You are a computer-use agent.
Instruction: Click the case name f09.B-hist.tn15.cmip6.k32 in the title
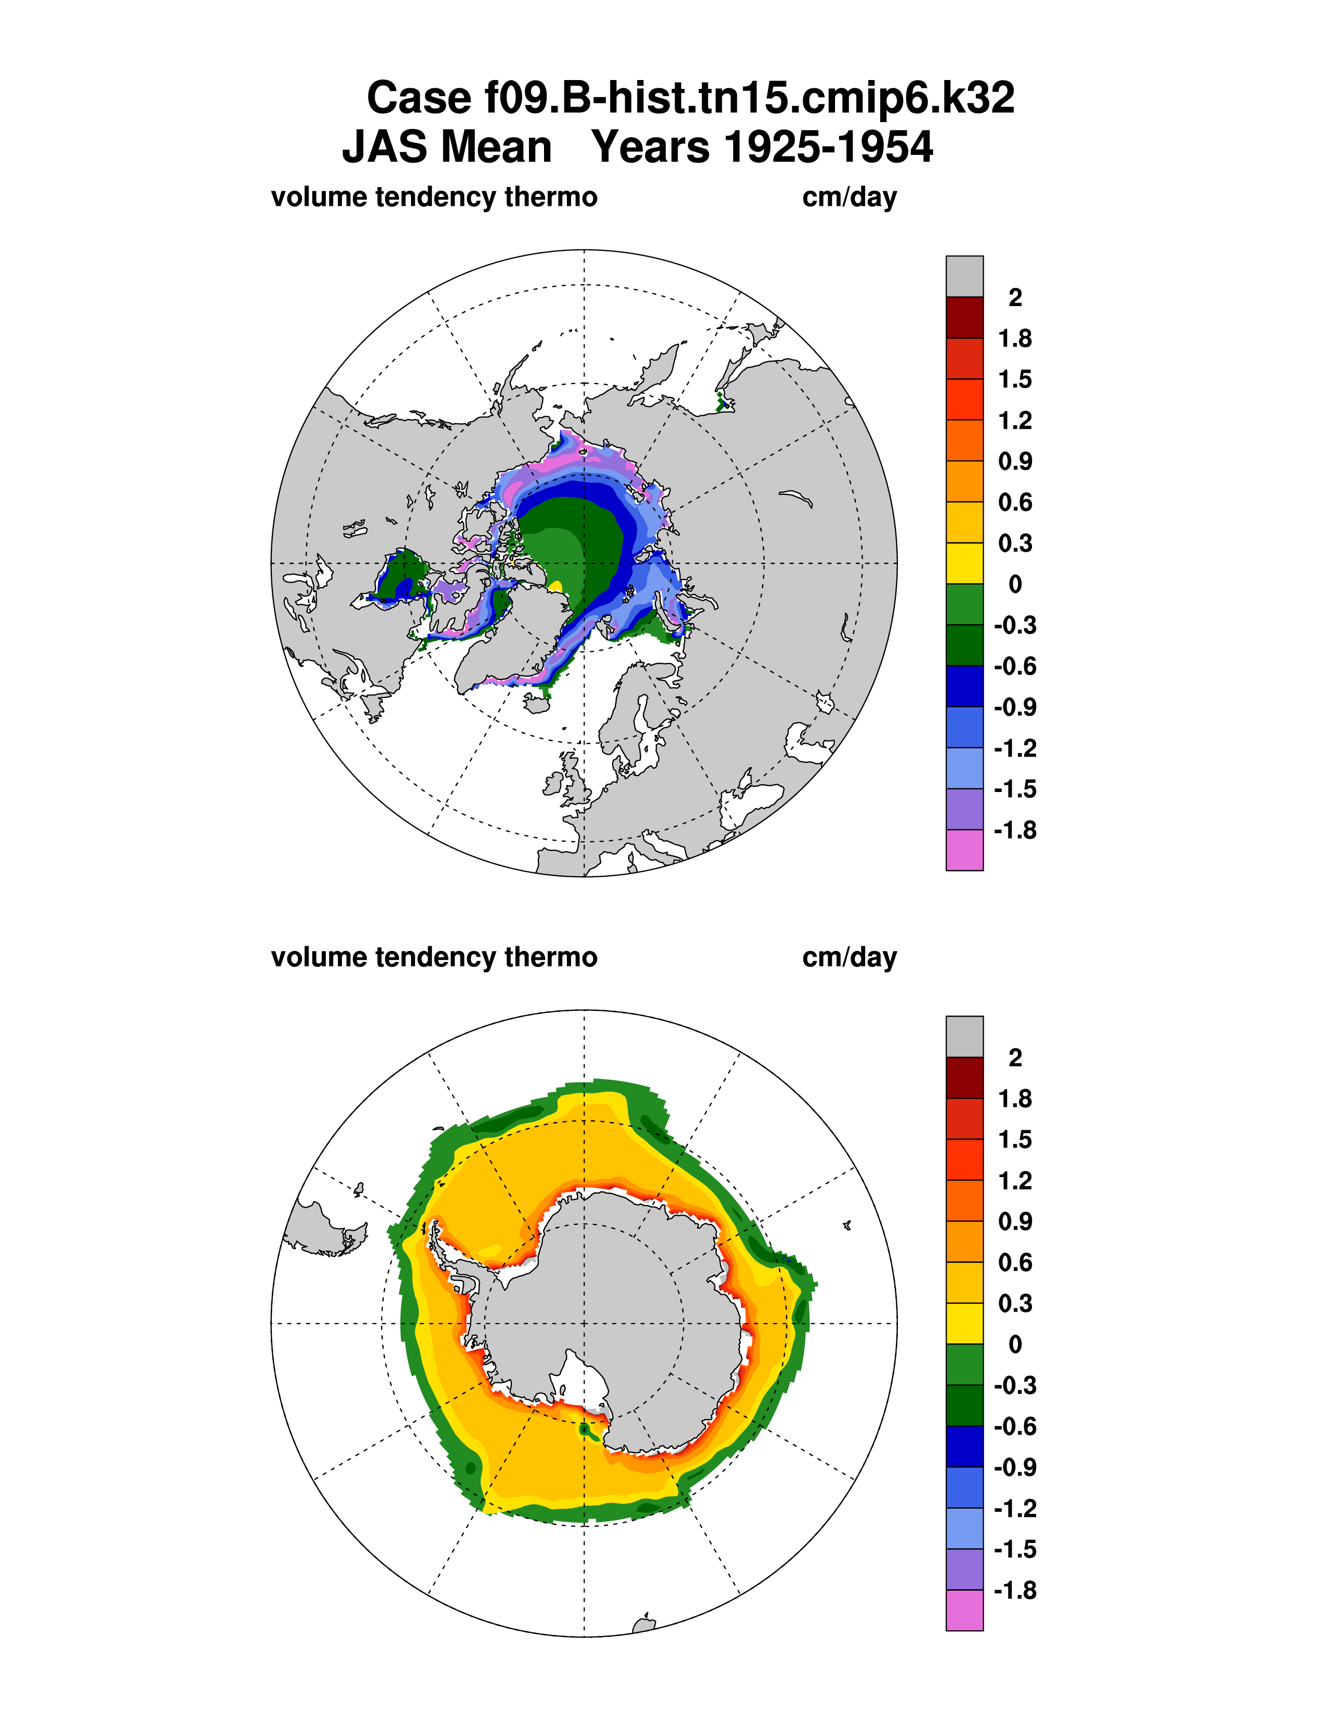(690, 99)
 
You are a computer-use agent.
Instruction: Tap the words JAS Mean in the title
(447, 147)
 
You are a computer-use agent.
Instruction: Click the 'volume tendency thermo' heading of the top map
(434, 197)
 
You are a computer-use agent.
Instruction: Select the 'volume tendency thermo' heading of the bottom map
(434, 957)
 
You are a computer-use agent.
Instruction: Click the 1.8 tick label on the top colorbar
(1014, 338)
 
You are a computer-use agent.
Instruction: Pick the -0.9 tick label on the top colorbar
(1014, 707)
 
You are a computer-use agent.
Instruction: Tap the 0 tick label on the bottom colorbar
(1015, 1344)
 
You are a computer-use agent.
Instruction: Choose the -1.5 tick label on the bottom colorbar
(1014, 1549)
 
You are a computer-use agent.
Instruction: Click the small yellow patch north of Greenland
(556, 586)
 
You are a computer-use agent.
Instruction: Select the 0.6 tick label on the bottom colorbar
(1014, 1263)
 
